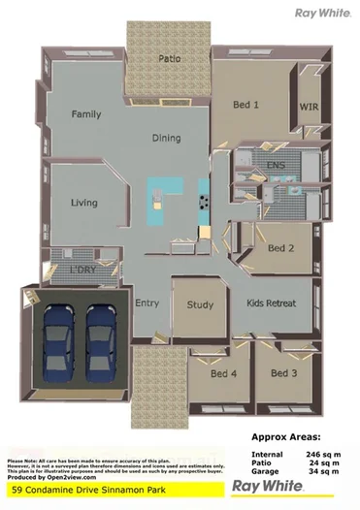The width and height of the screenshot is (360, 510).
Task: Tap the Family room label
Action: click(86, 113)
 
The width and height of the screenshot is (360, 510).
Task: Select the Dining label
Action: click(166, 138)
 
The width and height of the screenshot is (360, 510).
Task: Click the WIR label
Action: click(309, 107)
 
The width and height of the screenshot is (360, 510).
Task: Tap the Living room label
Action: click(85, 203)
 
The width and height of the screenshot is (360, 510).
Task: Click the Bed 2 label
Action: click(280, 248)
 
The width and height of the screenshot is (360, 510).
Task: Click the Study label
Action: click(200, 305)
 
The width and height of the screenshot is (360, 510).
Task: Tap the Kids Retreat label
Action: click(271, 303)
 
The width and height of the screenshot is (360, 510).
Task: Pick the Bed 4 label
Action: click(225, 373)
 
